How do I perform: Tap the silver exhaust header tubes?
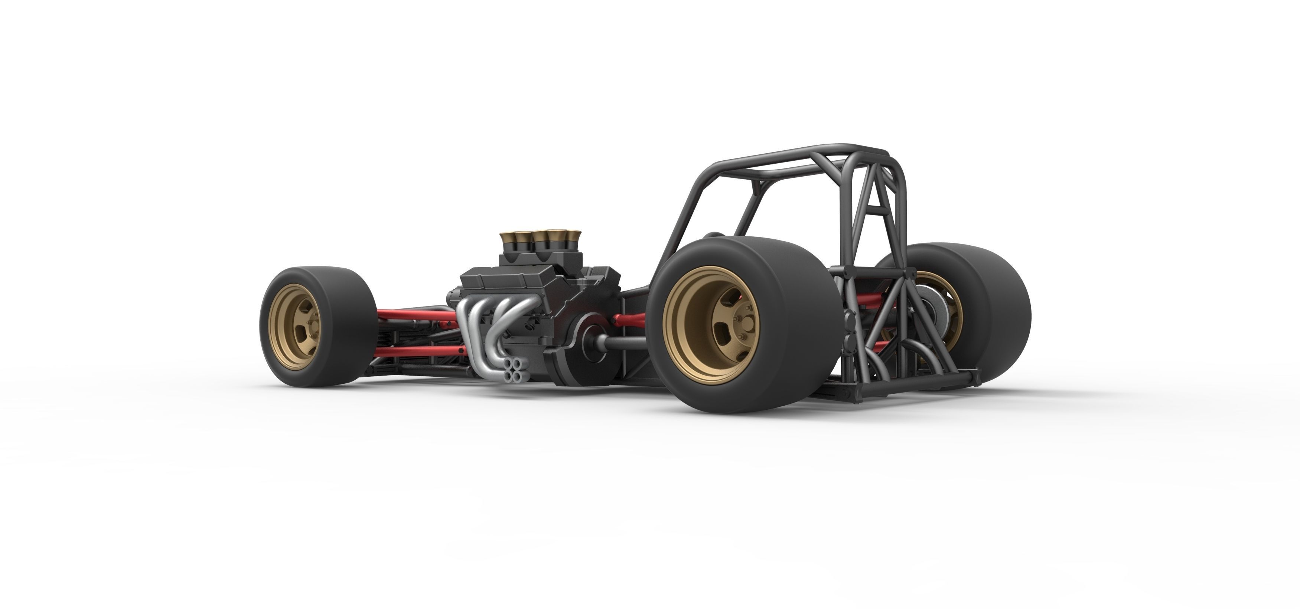click(x=485, y=323)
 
